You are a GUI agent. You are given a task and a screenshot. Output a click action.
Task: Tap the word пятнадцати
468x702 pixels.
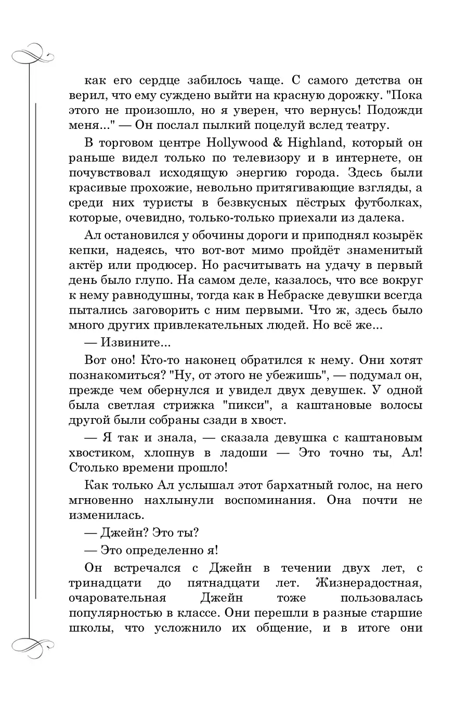241,582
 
